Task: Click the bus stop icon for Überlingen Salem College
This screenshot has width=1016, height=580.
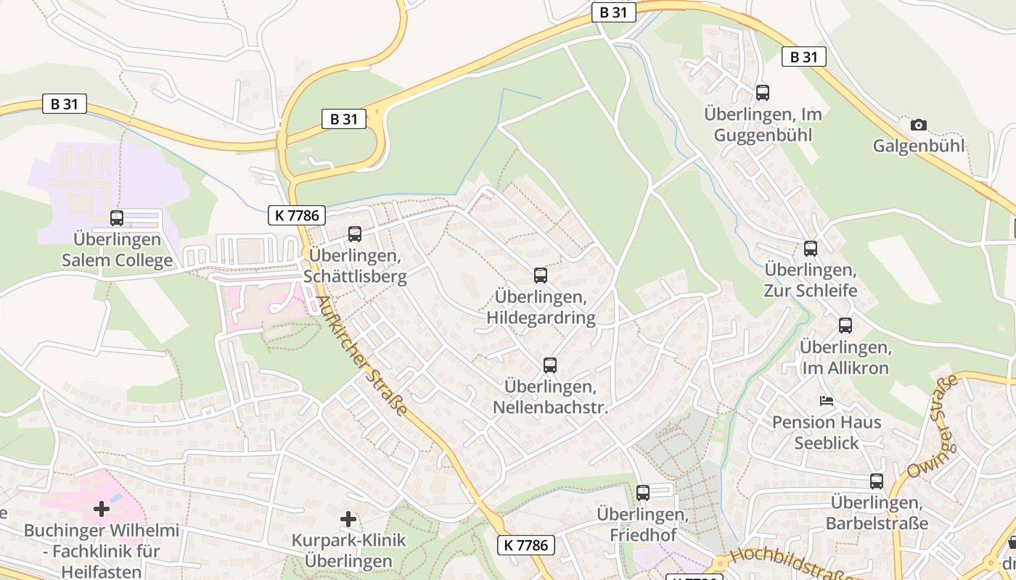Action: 117,217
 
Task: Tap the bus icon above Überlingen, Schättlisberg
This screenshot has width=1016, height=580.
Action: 354,234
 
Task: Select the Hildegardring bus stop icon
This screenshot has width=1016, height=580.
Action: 540,275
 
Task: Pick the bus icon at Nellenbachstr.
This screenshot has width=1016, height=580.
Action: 549,365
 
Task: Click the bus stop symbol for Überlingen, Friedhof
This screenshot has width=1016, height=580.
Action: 642,493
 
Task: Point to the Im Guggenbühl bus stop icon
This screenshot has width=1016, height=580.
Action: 762,93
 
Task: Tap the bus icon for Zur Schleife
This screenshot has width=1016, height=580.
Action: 810,249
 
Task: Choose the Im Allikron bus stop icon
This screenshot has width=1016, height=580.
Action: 845,326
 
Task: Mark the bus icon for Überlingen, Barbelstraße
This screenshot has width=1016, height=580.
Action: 877,481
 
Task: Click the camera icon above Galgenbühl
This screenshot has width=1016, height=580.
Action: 918,125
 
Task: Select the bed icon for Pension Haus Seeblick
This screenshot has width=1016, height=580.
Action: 826,401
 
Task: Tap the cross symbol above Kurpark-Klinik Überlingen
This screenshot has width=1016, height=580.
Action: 348,519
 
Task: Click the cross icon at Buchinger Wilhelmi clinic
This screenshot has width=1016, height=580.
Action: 102,509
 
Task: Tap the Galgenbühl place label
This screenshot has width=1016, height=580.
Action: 918,146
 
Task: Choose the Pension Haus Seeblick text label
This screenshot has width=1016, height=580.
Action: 826,432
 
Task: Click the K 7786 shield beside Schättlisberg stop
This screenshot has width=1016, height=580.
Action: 296,215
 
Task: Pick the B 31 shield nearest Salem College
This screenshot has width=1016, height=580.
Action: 64,104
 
